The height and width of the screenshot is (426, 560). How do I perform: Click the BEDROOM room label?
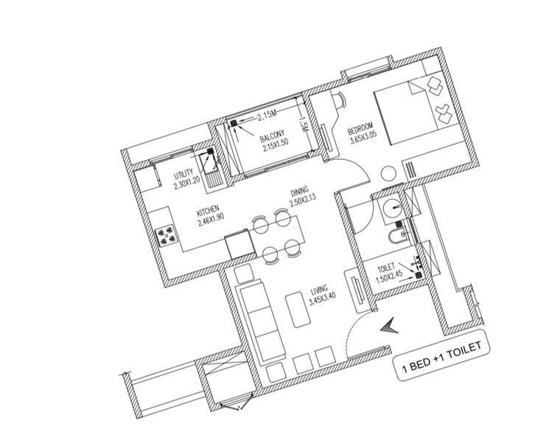(363, 126)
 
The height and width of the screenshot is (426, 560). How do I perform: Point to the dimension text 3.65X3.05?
(363, 136)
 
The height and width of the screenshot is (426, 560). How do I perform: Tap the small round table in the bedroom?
(388, 174)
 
